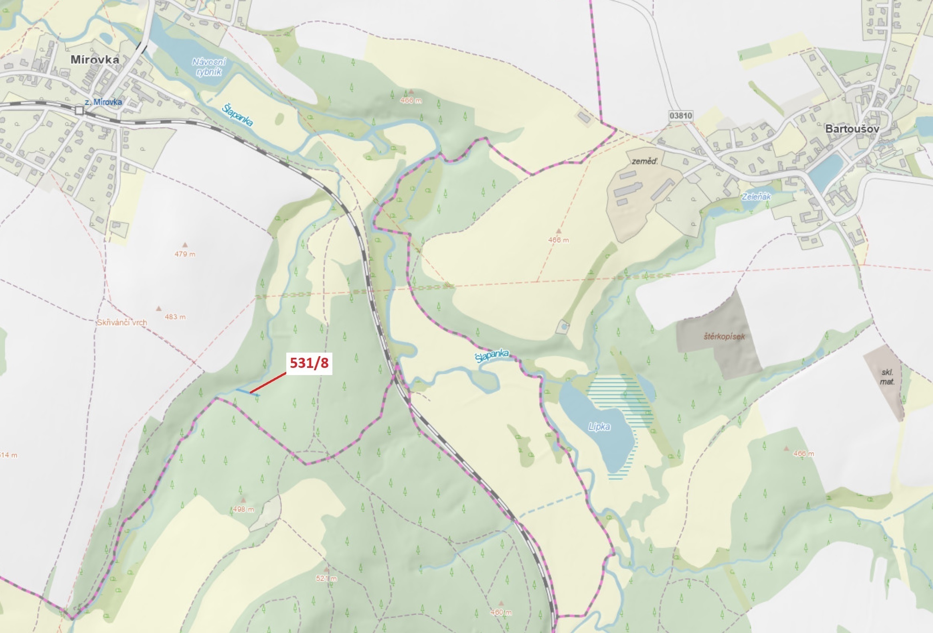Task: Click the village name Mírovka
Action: pyautogui.click(x=95, y=59)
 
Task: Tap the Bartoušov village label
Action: pyautogui.click(x=852, y=129)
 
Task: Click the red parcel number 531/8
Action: pyautogui.click(x=309, y=363)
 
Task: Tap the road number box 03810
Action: pyautogui.click(x=681, y=116)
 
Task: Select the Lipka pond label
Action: pyautogui.click(x=599, y=426)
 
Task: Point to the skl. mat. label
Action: pyautogui.click(x=887, y=377)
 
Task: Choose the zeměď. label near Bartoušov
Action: pyautogui.click(x=645, y=162)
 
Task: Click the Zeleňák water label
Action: pyautogui.click(x=756, y=197)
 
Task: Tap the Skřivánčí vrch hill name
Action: pyautogui.click(x=121, y=323)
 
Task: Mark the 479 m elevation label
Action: pyautogui.click(x=185, y=254)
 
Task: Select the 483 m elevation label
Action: pyautogui.click(x=175, y=317)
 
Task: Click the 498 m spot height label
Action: pyautogui.click(x=243, y=510)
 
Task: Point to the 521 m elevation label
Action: pyautogui.click(x=326, y=578)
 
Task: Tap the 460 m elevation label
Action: pyautogui.click(x=501, y=613)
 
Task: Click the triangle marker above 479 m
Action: pyautogui.click(x=185, y=245)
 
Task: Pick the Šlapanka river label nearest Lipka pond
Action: pyautogui.click(x=492, y=356)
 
